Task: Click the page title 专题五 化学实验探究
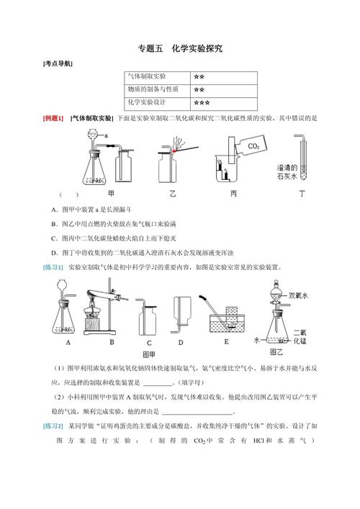coord(179,50)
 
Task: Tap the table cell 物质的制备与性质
coord(150,89)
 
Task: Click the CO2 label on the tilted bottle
coord(253,147)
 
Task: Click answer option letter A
coord(54,209)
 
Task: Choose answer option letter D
coord(54,252)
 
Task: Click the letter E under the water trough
coord(225,343)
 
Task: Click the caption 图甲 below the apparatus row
coord(148,355)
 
